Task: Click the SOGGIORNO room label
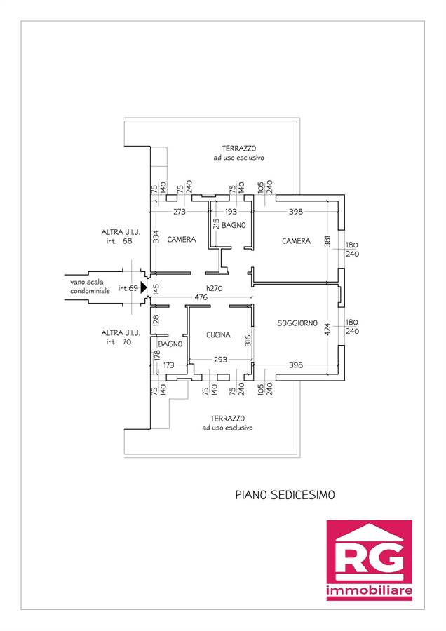click(x=297, y=323)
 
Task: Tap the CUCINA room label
click(x=218, y=334)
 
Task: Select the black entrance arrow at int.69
click(x=144, y=287)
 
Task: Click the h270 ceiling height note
click(x=214, y=288)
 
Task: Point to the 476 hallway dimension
click(x=201, y=297)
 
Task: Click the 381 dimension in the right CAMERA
click(x=327, y=241)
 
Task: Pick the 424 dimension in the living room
click(x=327, y=330)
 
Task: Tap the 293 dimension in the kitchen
click(x=220, y=360)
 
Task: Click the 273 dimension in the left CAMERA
click(x=179, y=211)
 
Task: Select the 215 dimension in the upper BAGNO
click(x=216, y=224)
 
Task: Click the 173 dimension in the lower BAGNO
click(x=169, y=365)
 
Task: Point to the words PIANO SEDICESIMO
click(x=285, y=494)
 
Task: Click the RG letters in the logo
click(x=369, y=559)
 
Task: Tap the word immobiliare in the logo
click(x=369, y=590)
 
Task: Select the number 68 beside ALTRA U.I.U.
click(x=127, y=241)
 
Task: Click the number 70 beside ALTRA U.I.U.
click(x=126, y=341)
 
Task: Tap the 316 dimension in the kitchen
click(x=248, y=341)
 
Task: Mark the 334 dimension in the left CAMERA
click(x=156, y=237)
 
